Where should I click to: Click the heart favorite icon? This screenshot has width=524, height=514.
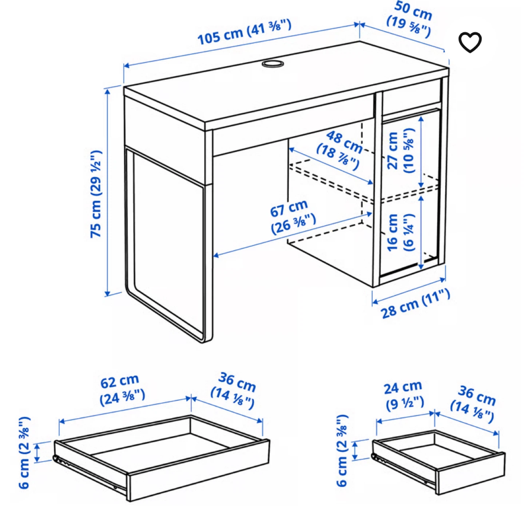pyautogui.click(x=470, y=42)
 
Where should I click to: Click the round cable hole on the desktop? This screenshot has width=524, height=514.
pyautogui.click(x=273, y=64)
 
